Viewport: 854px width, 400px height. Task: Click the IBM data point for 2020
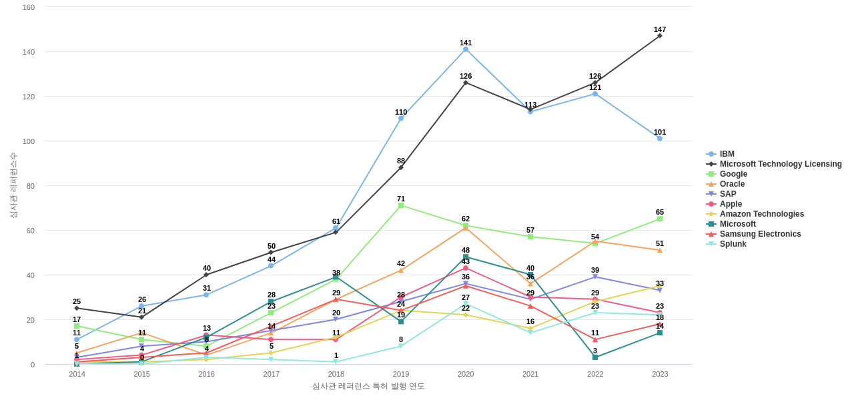pyautogui.click(x=466, y=49)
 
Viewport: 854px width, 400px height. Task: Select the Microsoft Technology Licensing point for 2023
pyautogui.click(x=660, y=36)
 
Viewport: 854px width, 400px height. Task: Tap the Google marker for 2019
pyautogui.click(x=401, y=205)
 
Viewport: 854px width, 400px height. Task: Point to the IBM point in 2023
pyautogui.click(x=660, y=139)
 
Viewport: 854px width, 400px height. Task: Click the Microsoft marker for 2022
pyautogui.click(x=595, y=357)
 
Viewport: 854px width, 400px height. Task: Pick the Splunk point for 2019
pyautogui.click(x=401, y=346)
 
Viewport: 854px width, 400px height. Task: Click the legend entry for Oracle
pyautogui.click(x=732, y=184)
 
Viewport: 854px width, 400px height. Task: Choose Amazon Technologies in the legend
pyautogui.click(x=761, y=214)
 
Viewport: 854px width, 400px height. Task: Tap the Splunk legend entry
pyautogui.click(x=733, y=244)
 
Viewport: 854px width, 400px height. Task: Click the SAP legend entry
pyautogui.click(x=728, y=194)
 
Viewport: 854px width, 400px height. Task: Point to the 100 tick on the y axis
pyautogui.click(x=29, y=141)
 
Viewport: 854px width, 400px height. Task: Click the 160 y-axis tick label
pyautogui.click(x=29, y=7)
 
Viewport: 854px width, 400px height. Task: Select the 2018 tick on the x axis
pyautogui.click(x=336, y=374)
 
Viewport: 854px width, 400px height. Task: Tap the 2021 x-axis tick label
pyautogui.click(x=530, y=374)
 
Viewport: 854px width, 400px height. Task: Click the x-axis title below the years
pyautogui.click(x=368, y=386)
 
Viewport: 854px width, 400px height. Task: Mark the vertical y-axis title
pyautogui.click(x=13, y=185)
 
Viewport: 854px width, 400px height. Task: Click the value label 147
pyautogui.click(x=660, y=29)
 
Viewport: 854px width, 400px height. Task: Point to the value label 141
pyautogui.click(x=466, y=43)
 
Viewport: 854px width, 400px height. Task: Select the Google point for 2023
pyautogui.click(x=660, y=219)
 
